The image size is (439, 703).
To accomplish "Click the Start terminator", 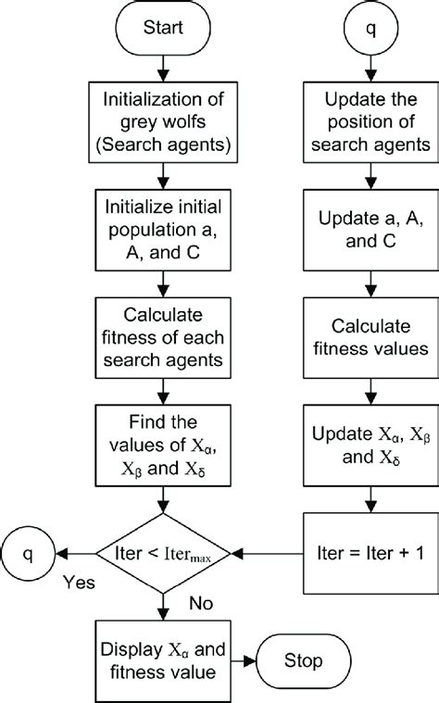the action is pyautogui.click(x=163, y=28).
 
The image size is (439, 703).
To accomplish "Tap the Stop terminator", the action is pyautogui.click(x=303, y=660).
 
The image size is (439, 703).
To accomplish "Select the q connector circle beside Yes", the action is pyautogui.click(x=28, y=554).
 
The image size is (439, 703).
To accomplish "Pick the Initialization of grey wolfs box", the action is pyautogui.click(x=163, y=122).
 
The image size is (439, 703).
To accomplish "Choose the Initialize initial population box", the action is pyautogui.click(x=163, y=230).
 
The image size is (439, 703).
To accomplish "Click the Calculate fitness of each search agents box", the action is pyautogui.click(x=163, y=337).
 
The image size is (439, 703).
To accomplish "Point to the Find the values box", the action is pyautogui.click(x=163, y=446).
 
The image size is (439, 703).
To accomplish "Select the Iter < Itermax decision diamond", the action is pyautogui.click(x=163, y=554).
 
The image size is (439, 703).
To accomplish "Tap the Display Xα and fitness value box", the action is pyautogui.click(x=163, y=661).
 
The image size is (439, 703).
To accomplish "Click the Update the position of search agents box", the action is pyautogui.click(x=370, y=122).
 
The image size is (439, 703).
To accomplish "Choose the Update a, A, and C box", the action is pyautogui.click(x=370, y=230).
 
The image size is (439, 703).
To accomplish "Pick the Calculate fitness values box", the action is pyautogui.click(x=370, y=337).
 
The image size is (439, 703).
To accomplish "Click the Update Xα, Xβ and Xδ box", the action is pyautogui.click(x=370, y=446).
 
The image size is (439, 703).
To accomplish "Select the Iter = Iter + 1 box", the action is pyautogui.click(x=370, y=554).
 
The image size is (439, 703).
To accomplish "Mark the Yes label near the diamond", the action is pyautogui.click(x=79, y=583).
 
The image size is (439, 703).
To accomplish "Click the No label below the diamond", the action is pyautogui.click(x=201, y=604).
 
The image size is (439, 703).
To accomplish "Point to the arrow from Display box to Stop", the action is pyautogui.click(x=244, y=660).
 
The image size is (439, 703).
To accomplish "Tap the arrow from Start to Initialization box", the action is pyautogui.click(x=163, y=69).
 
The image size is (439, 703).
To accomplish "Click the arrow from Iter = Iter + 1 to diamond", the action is pyautogui.click(x=268, y=554).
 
